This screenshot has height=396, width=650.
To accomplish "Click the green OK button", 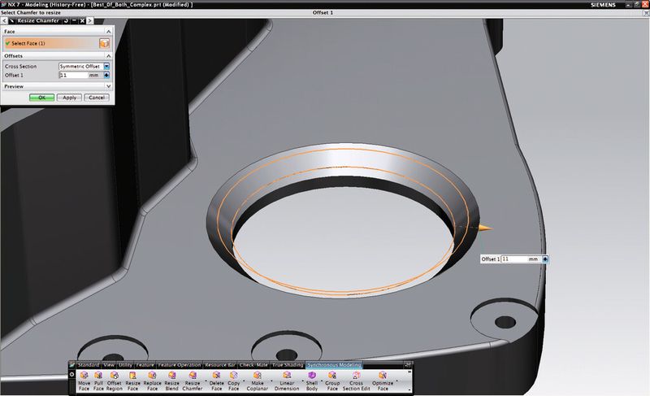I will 41,97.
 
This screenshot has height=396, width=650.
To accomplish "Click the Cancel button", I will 96,97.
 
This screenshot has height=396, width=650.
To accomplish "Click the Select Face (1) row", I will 49,42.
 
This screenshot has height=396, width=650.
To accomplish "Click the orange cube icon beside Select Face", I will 104,42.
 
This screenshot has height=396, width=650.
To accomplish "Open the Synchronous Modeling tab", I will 335,365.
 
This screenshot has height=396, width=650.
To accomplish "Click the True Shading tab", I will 288,365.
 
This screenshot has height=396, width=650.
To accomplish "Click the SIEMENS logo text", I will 629,4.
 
